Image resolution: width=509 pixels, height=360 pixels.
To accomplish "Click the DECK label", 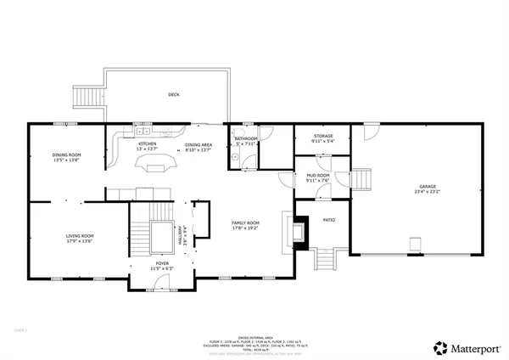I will (x=173, y=94).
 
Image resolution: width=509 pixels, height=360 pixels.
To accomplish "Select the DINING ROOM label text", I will (x=66, y=155).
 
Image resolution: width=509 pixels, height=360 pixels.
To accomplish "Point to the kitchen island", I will (x=155, y=163).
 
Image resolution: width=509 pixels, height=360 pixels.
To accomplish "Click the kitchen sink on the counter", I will (x=142, y=132).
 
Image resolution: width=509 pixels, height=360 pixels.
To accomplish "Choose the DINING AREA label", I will (x=199, y=145).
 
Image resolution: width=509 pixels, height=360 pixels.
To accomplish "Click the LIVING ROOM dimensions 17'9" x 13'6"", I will (x=80, y=240).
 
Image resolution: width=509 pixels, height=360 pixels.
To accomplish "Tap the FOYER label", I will (x=161, y=263).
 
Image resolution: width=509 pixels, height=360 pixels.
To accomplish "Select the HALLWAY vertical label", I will (x=180, y=225).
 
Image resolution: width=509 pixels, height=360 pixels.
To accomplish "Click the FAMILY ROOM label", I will (x=246, y=222).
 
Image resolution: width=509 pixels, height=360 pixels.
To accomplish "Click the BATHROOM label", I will (x=246, y=138).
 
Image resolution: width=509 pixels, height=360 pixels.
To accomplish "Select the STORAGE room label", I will (x=322, y=136).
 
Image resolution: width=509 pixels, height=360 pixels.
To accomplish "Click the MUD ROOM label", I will (x=317, y=176).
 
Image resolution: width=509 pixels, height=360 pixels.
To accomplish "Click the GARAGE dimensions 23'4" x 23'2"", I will (x=426, y=191).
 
